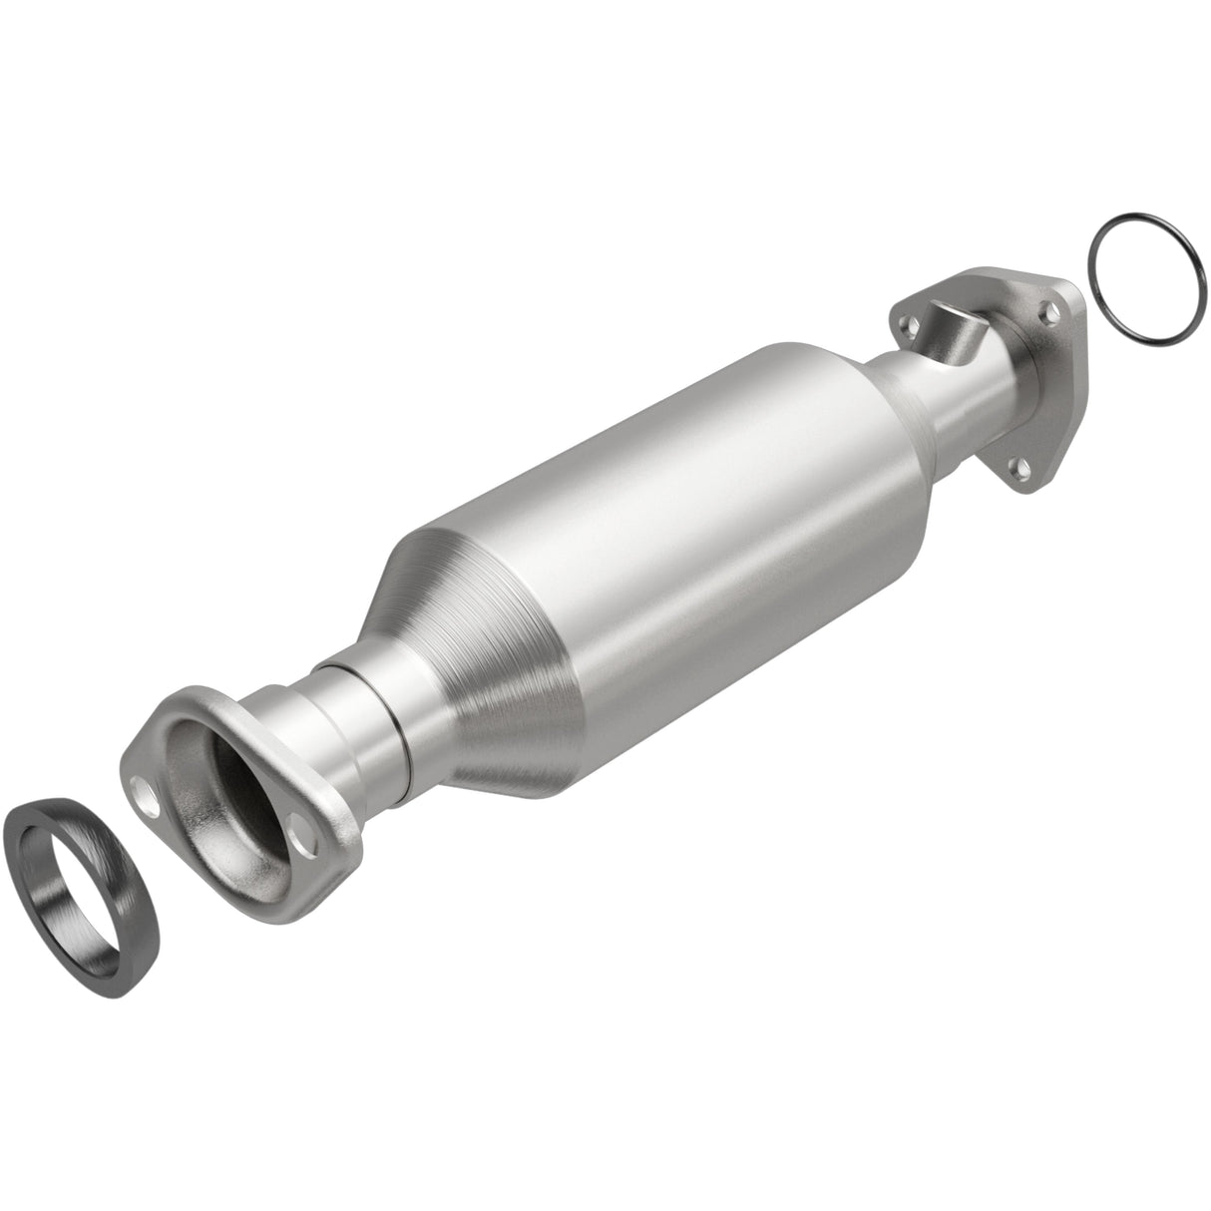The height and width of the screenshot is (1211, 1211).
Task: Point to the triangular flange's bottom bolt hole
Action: (1018, 464)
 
